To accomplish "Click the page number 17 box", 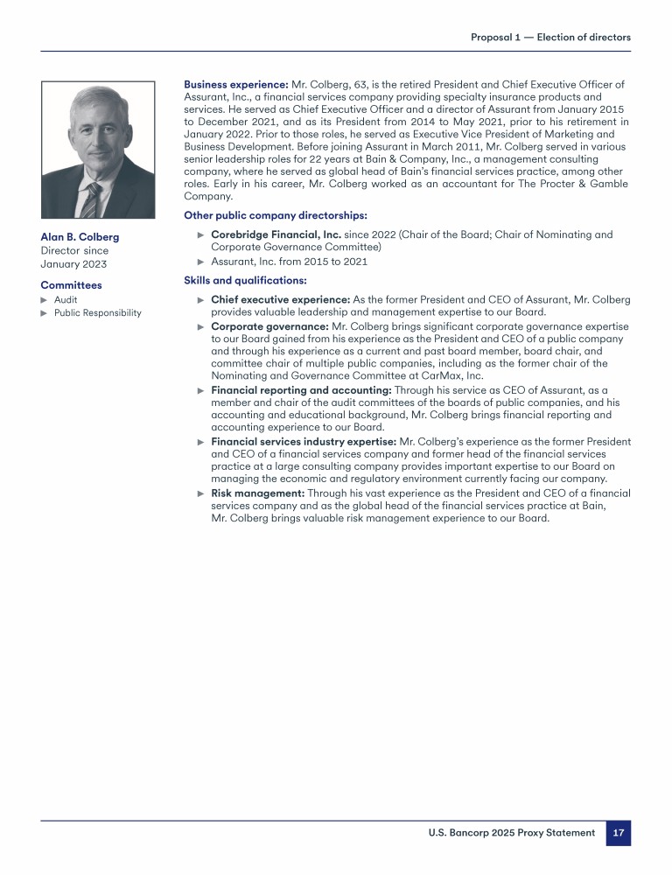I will point(618,833).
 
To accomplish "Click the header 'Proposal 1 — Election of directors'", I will point(550,37).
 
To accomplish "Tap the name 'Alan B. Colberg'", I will point(80,237).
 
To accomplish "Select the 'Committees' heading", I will point(71,285).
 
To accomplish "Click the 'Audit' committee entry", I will point(66,299).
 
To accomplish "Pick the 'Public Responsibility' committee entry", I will point(97,313).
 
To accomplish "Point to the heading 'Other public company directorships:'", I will point(275,215).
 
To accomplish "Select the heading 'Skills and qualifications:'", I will point(245,280).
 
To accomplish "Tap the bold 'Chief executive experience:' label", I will point(280,300).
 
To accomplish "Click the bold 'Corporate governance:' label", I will point(269,326).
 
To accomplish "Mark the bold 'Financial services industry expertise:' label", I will point(304,442).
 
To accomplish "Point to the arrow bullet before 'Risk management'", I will point(201,493).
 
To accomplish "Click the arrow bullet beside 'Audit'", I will point(45,299).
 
